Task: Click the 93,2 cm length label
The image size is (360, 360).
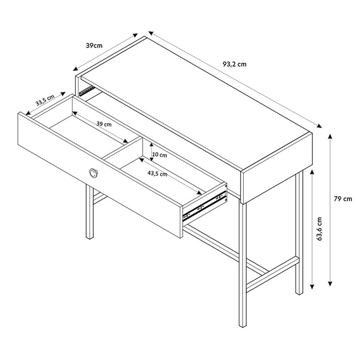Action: point(235,64)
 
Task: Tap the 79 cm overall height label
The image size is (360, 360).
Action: point(343,199)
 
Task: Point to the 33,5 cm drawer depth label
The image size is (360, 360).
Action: point(45,100)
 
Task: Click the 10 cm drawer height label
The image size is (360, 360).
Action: point(159,155)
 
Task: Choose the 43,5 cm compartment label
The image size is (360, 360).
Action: point(157,174)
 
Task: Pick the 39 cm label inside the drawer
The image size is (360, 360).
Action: point(104,124)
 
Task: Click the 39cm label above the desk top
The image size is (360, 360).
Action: point(94,46)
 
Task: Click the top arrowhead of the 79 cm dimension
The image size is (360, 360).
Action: point(330,137)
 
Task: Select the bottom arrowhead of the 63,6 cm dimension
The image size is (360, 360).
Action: point(312,287)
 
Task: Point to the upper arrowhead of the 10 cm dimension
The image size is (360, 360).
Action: point(151,145)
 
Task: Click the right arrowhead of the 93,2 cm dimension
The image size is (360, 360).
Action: point(319,126)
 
